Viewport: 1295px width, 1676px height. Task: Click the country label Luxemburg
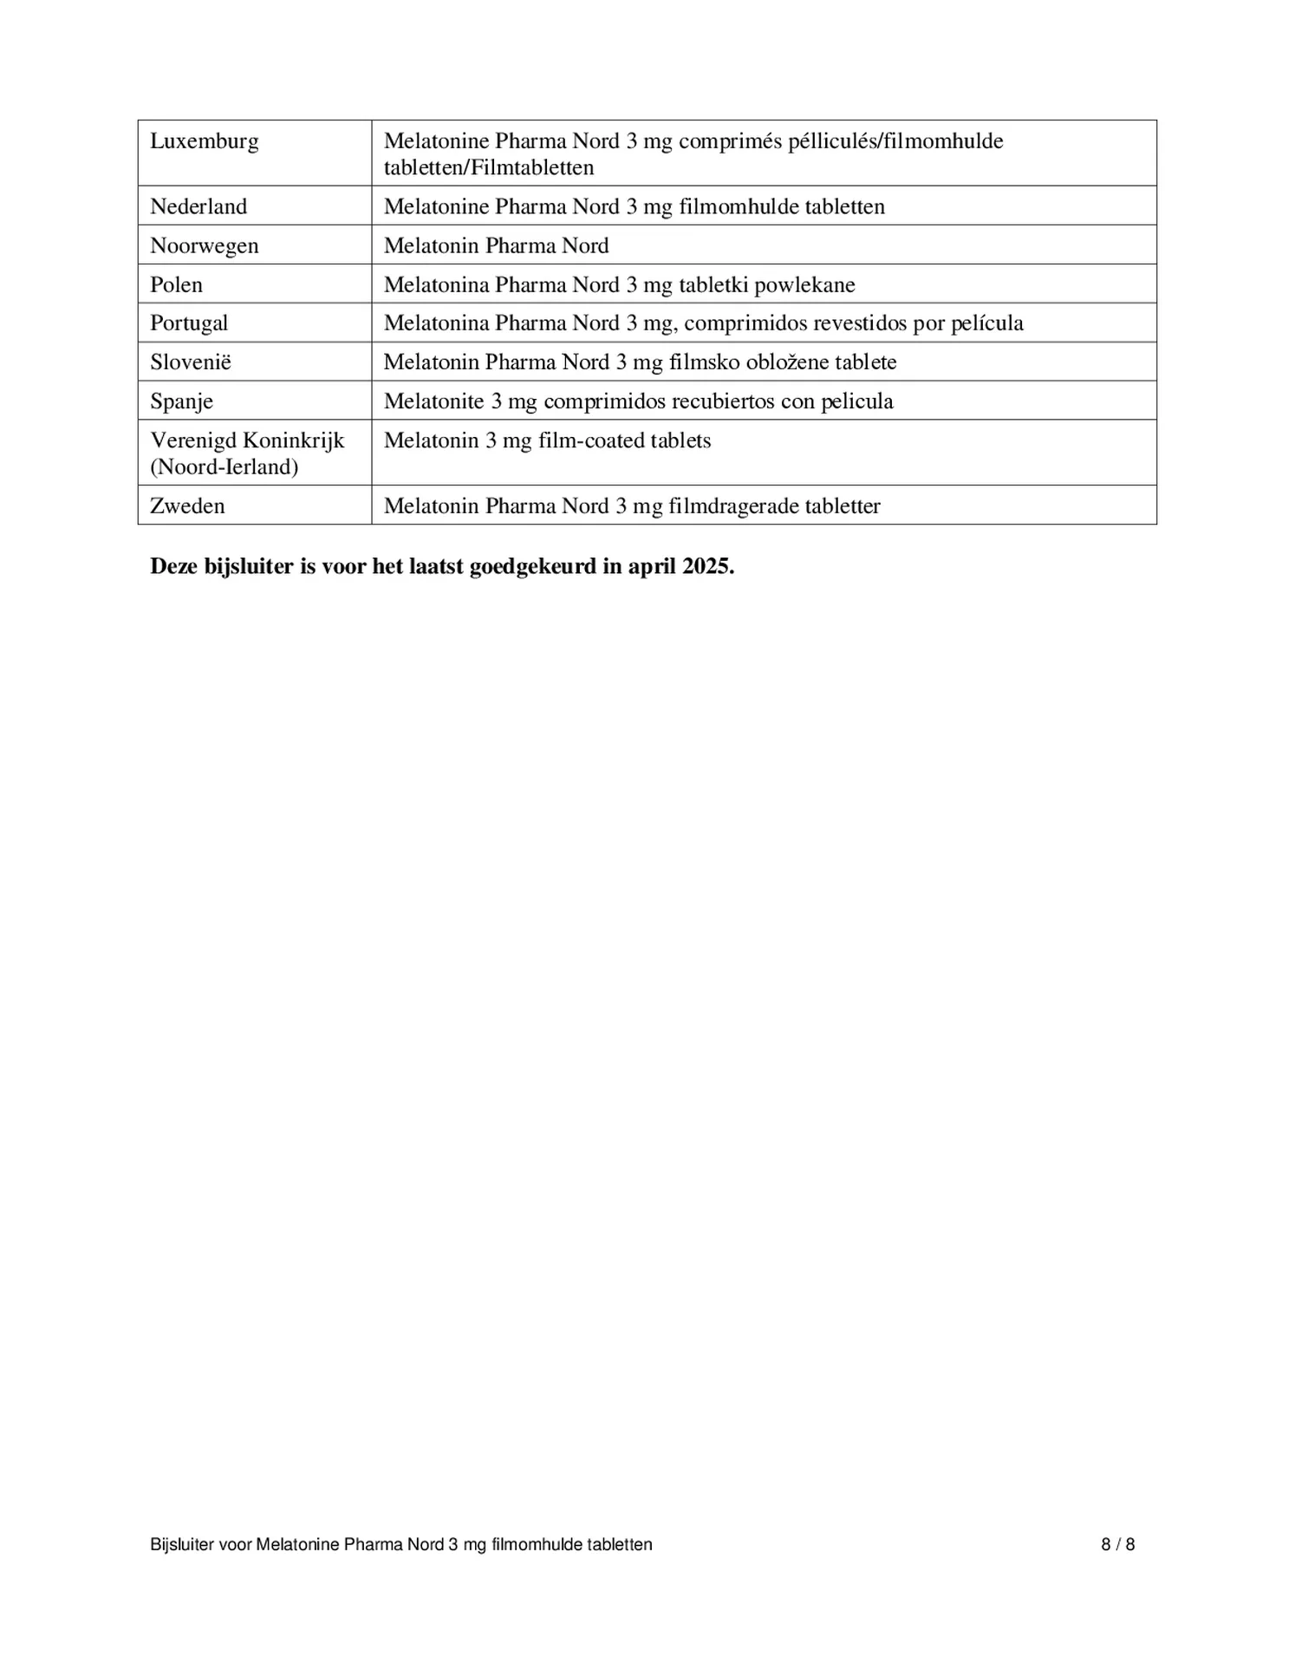point(204,141)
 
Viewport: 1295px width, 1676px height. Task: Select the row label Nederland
point(198,206)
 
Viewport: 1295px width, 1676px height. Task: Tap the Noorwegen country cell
point(204,245)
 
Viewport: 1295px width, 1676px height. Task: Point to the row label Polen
point(176,284)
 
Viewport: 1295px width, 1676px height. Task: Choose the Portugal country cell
point(189,323)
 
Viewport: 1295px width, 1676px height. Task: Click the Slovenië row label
point(191,362)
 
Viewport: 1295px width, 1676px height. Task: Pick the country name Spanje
point(181,401)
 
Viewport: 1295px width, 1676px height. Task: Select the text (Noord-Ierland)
point(224,467)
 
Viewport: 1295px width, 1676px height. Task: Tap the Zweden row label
point(187,505)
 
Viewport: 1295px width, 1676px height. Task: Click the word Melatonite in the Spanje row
point(433,401)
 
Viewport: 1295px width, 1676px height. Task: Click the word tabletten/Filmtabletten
point(489,167)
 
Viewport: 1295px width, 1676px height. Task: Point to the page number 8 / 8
point(1117,1544)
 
